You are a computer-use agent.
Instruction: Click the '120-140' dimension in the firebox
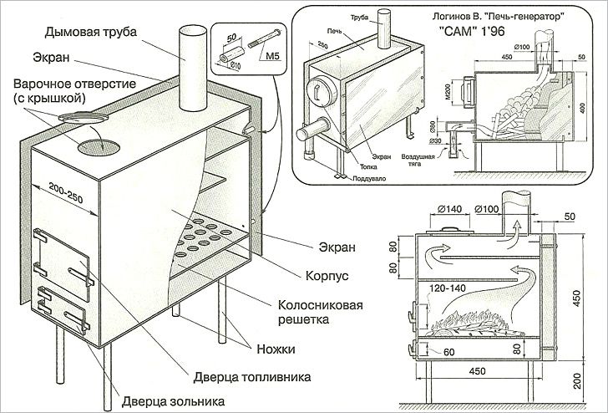coord(447,288)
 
